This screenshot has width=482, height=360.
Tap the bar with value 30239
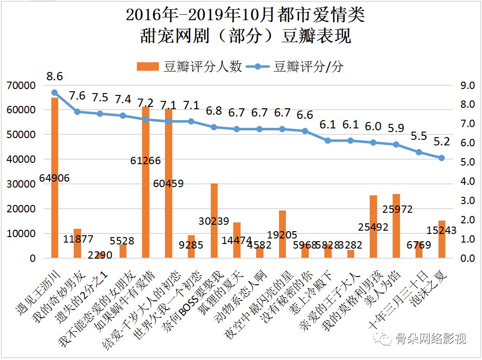coord(214,221)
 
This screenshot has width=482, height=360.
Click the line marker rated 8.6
coord(55,93)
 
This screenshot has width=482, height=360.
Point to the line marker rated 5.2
coord(442,158)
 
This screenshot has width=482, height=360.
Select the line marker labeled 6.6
coord(305,131)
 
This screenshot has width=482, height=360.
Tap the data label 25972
coord(397,210)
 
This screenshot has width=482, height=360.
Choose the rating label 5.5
coord(419,137)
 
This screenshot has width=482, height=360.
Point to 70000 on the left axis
coord(21,85)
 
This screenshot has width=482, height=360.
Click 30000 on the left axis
coord(21,184)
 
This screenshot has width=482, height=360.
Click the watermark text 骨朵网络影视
coord(424,339)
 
